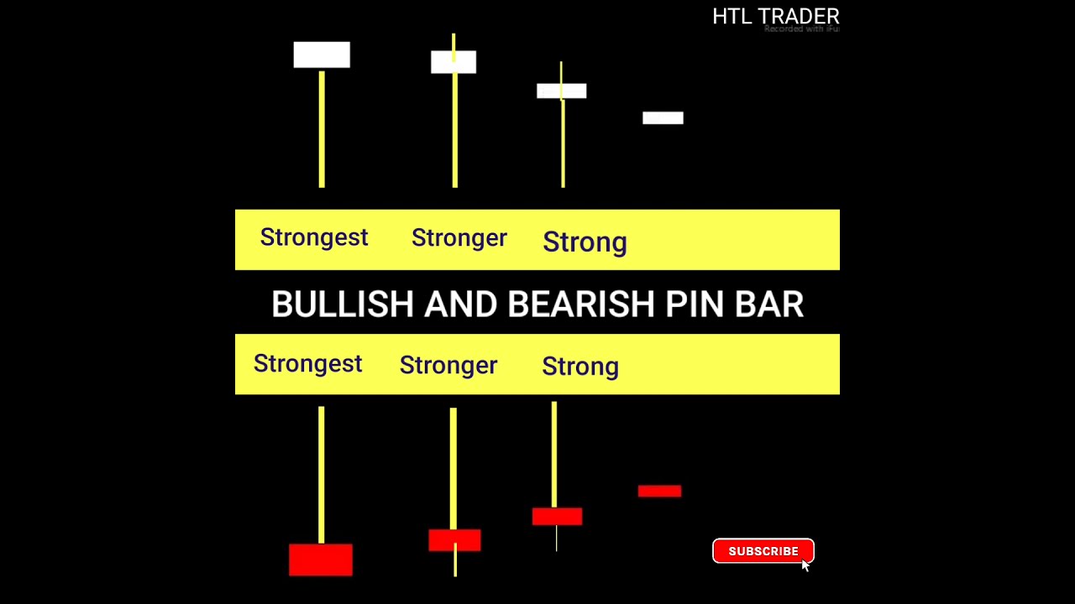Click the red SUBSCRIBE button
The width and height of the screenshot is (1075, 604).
pos(763,551)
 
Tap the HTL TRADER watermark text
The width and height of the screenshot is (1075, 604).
pos(775,17)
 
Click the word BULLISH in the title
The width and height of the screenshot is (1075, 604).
pos(343,305)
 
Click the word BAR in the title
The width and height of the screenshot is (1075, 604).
pos(769,305)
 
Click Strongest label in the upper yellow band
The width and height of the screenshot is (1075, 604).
pos(314,237)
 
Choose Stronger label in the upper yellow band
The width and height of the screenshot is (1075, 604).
pos(459,238)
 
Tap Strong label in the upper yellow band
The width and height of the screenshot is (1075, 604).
pos(585,242)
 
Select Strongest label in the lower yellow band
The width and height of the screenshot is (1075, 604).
pos(307,364)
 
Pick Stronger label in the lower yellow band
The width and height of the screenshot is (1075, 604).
pos(448,366)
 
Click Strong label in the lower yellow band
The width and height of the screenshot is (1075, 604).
pos(580,367)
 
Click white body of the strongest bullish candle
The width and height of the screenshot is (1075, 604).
pos(322,55)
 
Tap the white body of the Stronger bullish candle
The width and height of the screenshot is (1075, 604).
pos(454,62)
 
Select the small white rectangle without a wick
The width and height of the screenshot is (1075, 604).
pos(663,118)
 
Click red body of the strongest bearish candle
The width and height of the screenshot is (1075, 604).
pos(321,560)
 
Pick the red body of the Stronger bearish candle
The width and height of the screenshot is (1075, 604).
pos(454,540)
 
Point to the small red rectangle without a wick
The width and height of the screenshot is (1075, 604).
pos(659,491)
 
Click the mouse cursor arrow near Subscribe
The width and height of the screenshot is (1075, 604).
pos(805,565)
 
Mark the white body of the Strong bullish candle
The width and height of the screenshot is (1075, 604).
pos(561,91)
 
